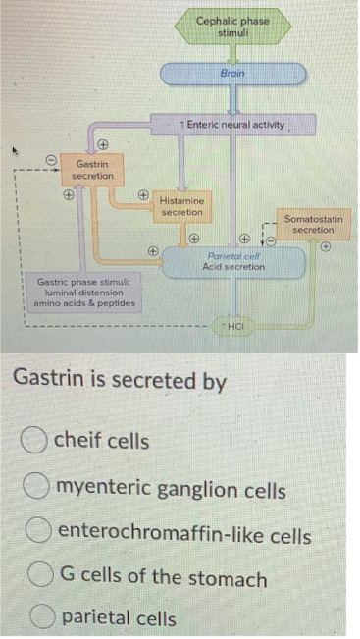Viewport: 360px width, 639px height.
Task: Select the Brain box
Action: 232,74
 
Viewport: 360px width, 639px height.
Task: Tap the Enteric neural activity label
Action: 233,125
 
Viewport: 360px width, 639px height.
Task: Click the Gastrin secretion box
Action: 94,169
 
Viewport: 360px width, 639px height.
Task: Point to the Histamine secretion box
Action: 180,207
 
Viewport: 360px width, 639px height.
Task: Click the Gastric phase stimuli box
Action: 77,293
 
